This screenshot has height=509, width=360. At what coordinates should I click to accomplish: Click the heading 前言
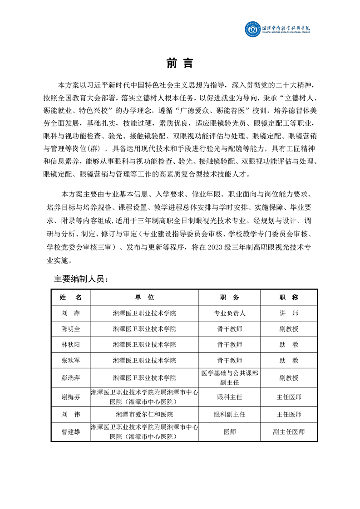pyautogui.click(x=180, y=64)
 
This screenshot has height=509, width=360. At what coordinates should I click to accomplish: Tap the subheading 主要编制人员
pyautogui.click(x=81, y=279)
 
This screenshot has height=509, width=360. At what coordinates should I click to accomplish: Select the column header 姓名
pyautogui.click(x=71, y=297)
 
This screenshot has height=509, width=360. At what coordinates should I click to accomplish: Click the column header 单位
pyautogui.click(x=144, y=297)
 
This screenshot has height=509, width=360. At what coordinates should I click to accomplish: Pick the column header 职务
pyautogui.click(x=229, y=297)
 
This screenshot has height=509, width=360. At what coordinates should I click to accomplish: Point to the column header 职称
pyautogui.click(x=289, y=297)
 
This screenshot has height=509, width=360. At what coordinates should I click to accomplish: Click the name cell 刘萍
pyautogui.click(x=71, y=313)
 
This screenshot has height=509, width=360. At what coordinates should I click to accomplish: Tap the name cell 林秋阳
pyautogui.click(x=71, y=345)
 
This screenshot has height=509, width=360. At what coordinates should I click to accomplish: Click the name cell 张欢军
pyautogui.click(x=71, y=361)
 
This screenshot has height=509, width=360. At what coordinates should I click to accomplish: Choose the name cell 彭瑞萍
pyautogui.click(x=71, y=377)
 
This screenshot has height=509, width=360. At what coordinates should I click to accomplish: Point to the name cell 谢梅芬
pyautogui.click(x=71, y=397)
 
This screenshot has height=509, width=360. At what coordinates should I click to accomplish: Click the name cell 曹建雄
pyautogui.click(x=71, y=432)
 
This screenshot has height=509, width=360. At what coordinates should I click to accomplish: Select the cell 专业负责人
pyautogui.click(x=229, y=313)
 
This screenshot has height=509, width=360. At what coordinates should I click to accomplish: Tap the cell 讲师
pyautogui.click(x=289, y=313)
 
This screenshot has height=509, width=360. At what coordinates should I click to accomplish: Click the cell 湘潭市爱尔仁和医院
pyautogui.click(x=144, y=414)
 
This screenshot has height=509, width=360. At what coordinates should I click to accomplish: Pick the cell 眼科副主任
pyautogui.click(x=229, y=414)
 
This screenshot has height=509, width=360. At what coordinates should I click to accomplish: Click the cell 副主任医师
pyautogui.click(x=289, y=432)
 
